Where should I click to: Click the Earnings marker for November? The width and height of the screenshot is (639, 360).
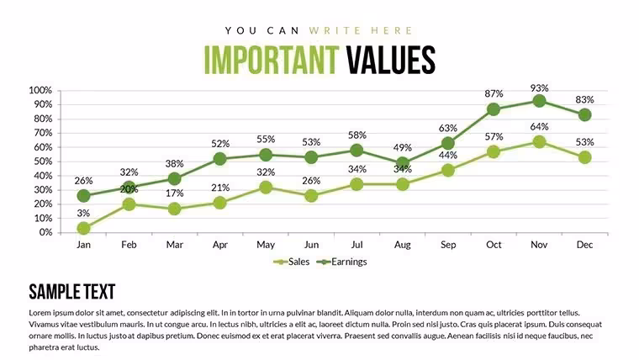pos(539,101)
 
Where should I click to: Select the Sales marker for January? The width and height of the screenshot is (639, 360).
pos(83,228)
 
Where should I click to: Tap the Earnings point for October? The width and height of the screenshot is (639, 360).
pos(494,109)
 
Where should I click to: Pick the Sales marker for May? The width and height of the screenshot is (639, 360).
pos(266,187)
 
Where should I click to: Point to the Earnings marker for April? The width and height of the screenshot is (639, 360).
pos(220,159)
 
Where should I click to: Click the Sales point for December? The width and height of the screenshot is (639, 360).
pos(585,157)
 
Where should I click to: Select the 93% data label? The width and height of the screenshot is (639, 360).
pos(539,88)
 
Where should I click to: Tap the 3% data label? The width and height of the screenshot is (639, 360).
pos(83,213)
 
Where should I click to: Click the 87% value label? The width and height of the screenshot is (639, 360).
pos(494,93)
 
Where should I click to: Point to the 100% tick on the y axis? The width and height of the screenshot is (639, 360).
pos(40,90)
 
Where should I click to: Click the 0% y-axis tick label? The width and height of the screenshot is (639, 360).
pos(45,232)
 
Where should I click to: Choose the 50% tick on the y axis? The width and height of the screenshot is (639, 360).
pos(43,161)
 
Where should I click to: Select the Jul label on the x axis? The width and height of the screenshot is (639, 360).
pos(356,245)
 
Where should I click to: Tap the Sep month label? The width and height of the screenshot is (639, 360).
pos(448,245)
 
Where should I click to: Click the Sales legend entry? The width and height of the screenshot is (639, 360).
pos(292,262)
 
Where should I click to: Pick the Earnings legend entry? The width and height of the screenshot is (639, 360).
pos(341,262)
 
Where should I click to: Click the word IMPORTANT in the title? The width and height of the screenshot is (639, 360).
pos(271,60)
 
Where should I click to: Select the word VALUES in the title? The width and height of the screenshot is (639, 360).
pos(391,60)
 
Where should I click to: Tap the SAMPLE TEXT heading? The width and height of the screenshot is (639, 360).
pos(72,292)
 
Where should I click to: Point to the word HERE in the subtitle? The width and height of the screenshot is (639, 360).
pos(392,30)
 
